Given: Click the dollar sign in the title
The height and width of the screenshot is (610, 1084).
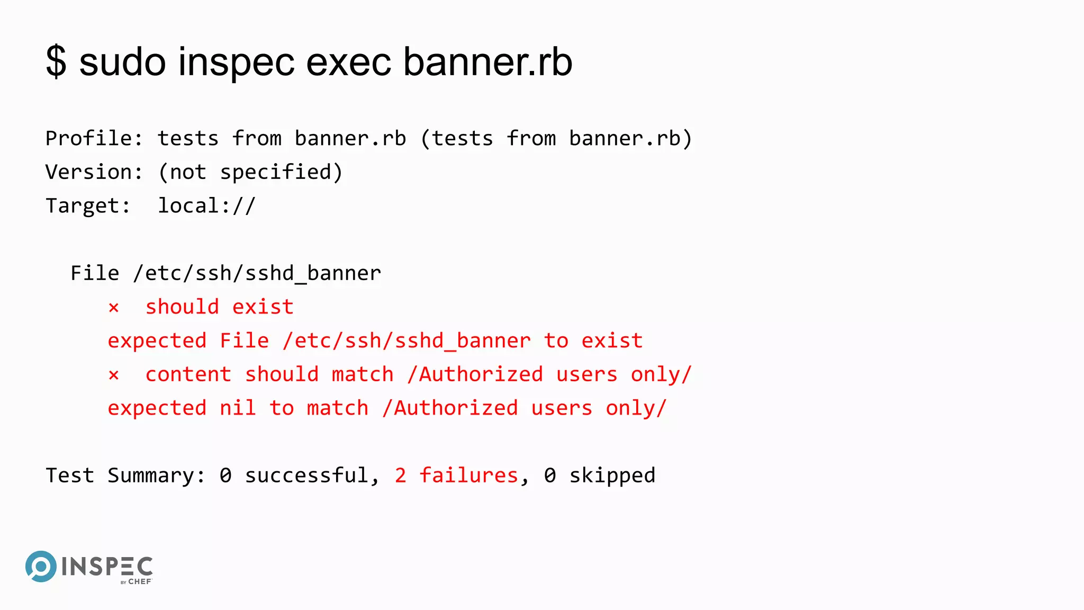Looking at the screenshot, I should coord(56,62).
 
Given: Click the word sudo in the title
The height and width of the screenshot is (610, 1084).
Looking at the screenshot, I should coord(122,62).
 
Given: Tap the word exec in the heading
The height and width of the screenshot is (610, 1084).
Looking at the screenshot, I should coord(349,62).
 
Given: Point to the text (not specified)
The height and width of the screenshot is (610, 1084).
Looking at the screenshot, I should coord(250,173).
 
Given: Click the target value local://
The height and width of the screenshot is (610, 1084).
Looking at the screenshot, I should coord(207,206).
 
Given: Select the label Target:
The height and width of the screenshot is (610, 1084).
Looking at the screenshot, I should coord(88,206).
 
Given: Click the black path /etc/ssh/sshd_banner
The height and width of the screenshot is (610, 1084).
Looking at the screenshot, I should coord(257,274).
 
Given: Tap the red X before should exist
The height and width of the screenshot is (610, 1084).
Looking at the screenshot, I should coord(114,308).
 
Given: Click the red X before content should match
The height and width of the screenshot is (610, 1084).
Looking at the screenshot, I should coord(114,375).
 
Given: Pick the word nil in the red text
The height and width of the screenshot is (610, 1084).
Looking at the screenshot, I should coord(238,408).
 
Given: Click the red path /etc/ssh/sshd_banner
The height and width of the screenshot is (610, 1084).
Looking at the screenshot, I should coord(406,341).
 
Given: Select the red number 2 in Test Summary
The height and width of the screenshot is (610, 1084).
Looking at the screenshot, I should coord(400,476).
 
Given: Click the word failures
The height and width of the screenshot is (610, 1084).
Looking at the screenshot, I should coord(468,476).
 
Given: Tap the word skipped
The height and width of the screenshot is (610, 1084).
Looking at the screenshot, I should coord(612,476).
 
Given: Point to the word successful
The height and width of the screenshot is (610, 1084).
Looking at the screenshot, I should coord(306,476).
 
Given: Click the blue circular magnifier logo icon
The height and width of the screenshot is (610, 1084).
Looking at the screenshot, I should coord(41,566).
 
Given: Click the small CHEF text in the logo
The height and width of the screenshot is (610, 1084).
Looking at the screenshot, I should coord(140,581).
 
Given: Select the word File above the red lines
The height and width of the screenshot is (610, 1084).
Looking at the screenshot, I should coord(95,274).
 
